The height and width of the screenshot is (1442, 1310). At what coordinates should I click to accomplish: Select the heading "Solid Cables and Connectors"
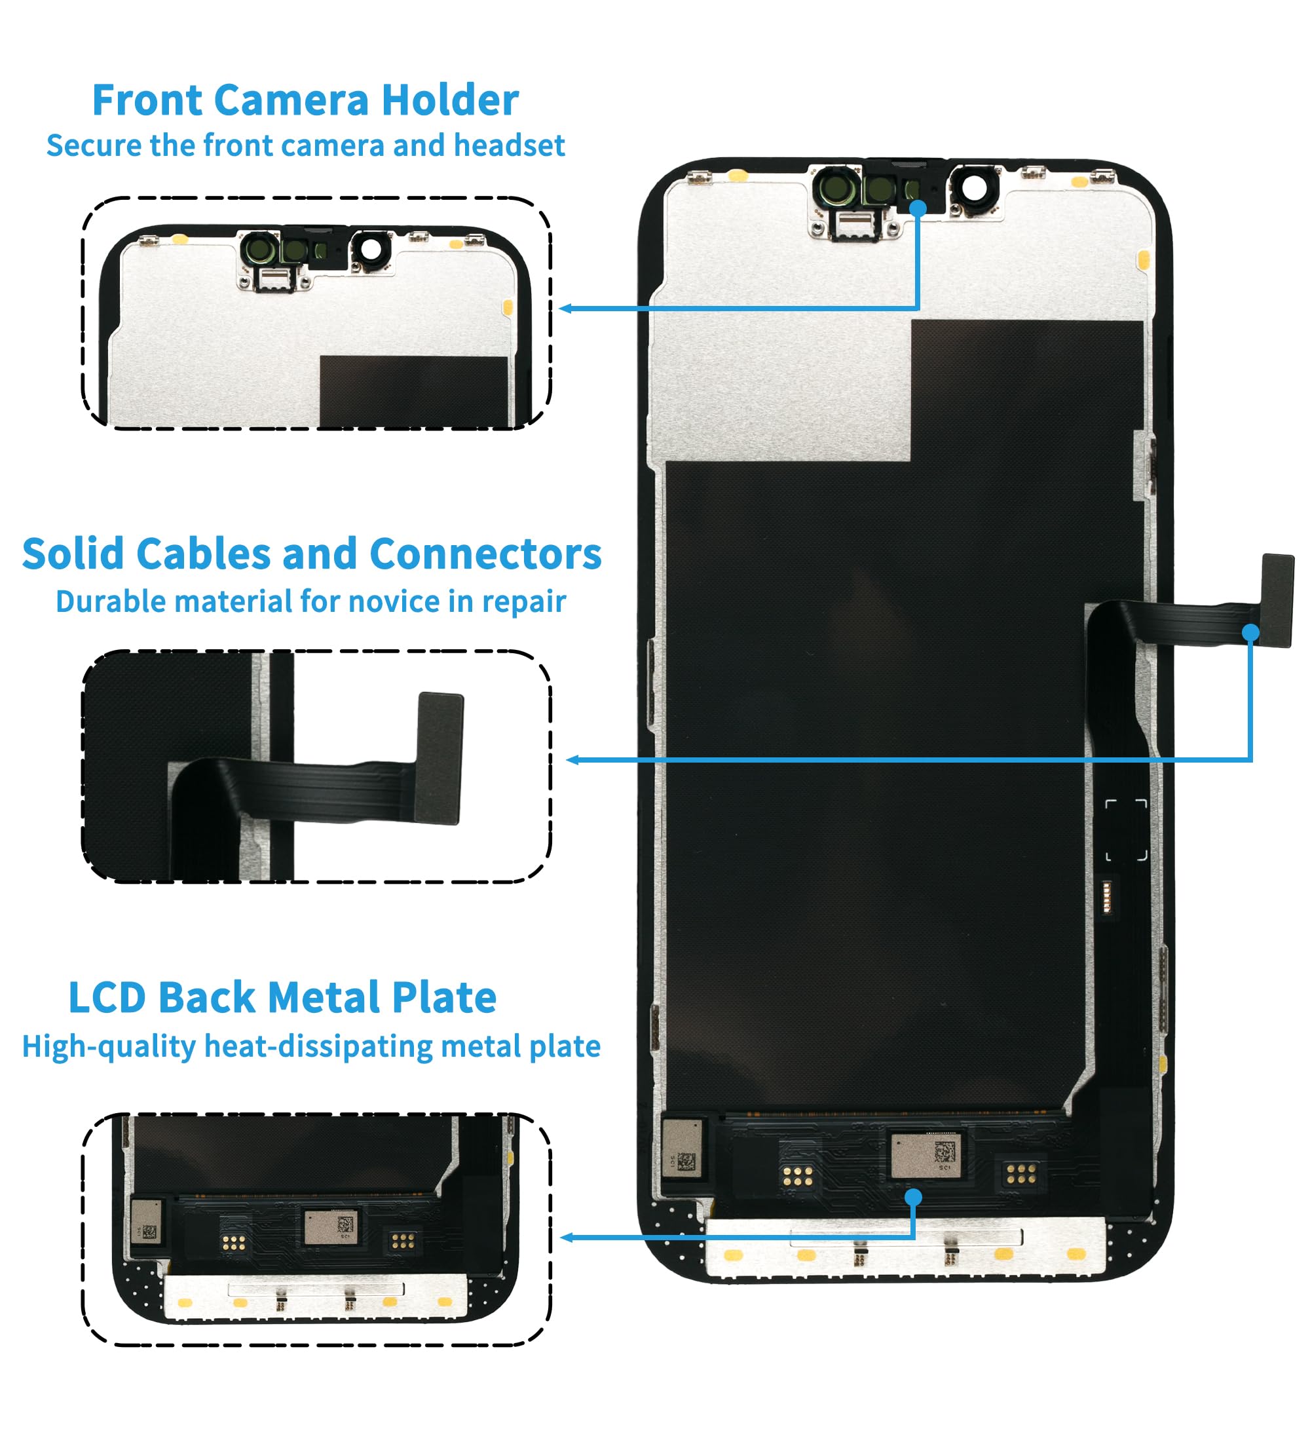point(312,554)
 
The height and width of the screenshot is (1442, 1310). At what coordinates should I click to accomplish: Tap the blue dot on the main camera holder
point(918,208)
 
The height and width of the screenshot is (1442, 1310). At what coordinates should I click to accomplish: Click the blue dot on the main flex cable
point(1250,632)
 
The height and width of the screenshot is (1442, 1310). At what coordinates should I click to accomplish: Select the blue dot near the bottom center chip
point(913,1197)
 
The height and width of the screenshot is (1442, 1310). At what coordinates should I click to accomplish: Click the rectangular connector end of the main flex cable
point(1277,600)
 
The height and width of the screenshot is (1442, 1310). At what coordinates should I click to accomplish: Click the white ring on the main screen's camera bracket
point(973,188)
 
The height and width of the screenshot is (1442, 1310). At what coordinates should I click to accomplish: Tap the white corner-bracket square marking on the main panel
point(1125,829)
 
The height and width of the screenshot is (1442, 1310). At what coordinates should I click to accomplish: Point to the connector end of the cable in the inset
point(439,758)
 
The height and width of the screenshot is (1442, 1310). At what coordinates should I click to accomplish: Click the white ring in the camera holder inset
point(371,249)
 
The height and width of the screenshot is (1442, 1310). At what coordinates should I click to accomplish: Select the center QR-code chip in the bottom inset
point(329,1226)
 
